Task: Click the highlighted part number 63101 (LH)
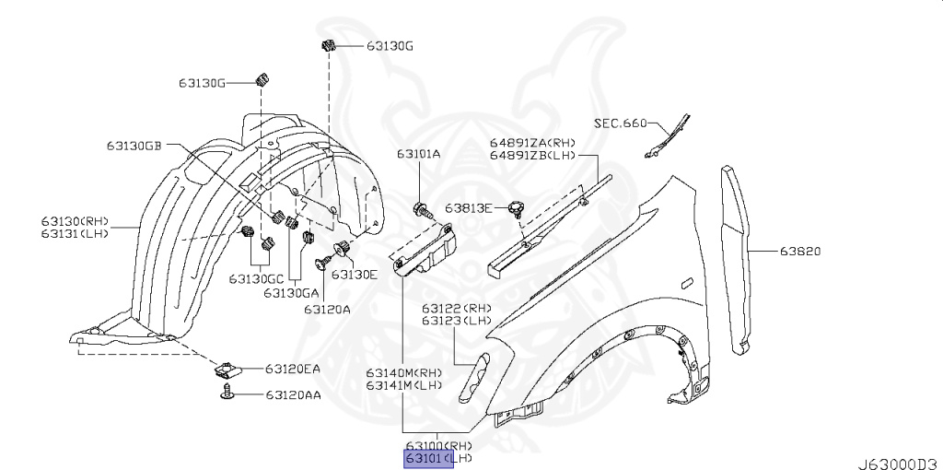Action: click(x=429, y=458)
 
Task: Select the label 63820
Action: click(x=800, y=251)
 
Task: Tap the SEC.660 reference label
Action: click(x=620, y=123)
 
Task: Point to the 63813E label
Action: click(x=469, y=207)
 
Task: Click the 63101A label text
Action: click(x=419, y=155)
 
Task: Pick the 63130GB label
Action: click(x=134, y=146)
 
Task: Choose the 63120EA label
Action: click(x=292, y=369)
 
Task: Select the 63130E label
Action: click(x=355, y=274)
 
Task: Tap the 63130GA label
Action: click(x=291, y=292)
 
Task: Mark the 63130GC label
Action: click(x=256, y=278)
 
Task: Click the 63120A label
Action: click(x=327, y=310)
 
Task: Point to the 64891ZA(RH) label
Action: click(x=532, y=143)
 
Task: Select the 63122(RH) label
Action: click(x=457, y=308)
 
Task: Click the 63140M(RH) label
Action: click(x=404, y=372)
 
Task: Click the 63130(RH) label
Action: click(x=75, y=221)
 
